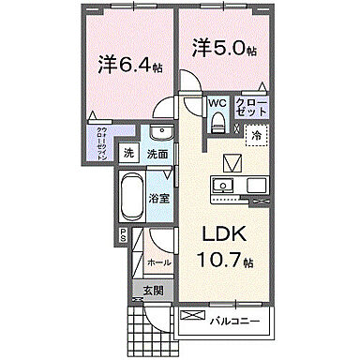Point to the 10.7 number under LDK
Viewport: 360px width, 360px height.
click(217, 260)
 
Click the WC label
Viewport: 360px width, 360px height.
click(216, 104)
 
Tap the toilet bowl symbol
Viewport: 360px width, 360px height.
click(217, 121)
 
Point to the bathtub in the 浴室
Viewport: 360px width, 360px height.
click(135, 200)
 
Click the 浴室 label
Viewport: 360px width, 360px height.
click(159, 199)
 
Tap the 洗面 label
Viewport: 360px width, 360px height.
click(157, 154)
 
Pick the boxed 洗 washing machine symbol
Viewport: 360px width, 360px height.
click(128, 154)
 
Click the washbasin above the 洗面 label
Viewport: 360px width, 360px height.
click(158, 132)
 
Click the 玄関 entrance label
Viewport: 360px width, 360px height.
click(153, 291)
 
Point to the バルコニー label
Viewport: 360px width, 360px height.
click(233, 320)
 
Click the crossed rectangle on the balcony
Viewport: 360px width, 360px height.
click(191, 318)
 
